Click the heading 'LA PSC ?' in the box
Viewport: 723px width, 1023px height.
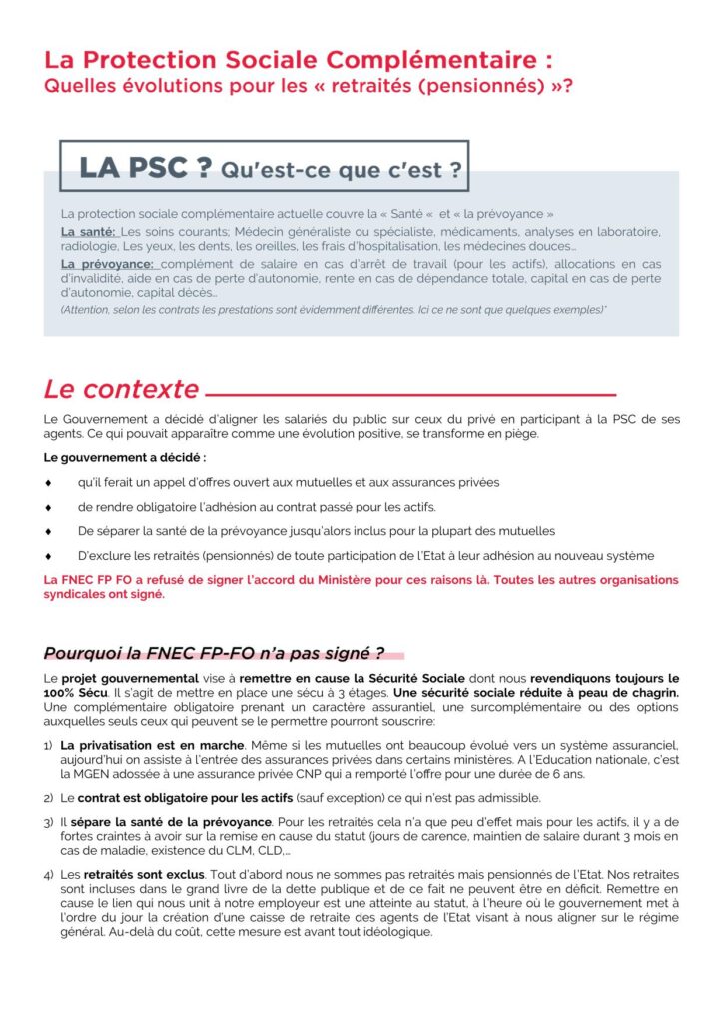(145, 168)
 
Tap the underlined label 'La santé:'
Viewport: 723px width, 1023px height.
(88, 232)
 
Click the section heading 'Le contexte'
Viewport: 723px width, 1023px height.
(121, 388)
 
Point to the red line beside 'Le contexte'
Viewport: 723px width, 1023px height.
(409, 393)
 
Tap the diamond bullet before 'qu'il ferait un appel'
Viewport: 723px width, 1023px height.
(48, 482)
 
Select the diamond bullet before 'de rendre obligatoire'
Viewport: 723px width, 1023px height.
(48, 507)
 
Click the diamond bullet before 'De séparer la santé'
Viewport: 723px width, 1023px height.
(48, 531)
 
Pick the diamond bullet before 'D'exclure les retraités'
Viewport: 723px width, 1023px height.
(48, 555)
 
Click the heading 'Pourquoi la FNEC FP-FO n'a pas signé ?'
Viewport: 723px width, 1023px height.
(214, 654)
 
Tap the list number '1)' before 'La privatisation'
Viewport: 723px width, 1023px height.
(48, 746)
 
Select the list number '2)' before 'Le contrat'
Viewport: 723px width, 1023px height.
(48, 797)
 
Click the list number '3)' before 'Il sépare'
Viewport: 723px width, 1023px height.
(48, 822)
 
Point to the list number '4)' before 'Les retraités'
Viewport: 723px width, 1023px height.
(48, 875)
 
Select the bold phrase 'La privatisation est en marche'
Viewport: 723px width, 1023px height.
(152, 746)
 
